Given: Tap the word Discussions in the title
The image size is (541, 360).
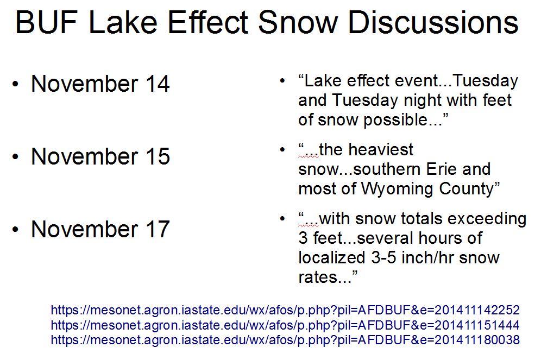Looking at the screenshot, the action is pyautogui.click(x=433, y=22).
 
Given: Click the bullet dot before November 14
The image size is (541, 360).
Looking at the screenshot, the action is pyautogui.click(x=15, y=84).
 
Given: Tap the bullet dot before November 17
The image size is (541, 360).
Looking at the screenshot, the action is pyautogui.click(x=15, y=229).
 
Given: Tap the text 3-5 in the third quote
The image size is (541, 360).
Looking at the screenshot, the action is pyautogui.click(x=383, y=258).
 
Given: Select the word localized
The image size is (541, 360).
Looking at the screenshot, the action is pyautogui.click(x=331, y=258).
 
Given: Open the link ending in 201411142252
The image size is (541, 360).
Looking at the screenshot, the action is pyautogui.click(x=285, y=310).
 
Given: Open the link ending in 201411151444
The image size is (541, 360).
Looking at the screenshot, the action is pyautogui.click(x=285, y=325).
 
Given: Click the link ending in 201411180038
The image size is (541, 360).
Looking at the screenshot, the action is pyautogui.click(x=285, y=340).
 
